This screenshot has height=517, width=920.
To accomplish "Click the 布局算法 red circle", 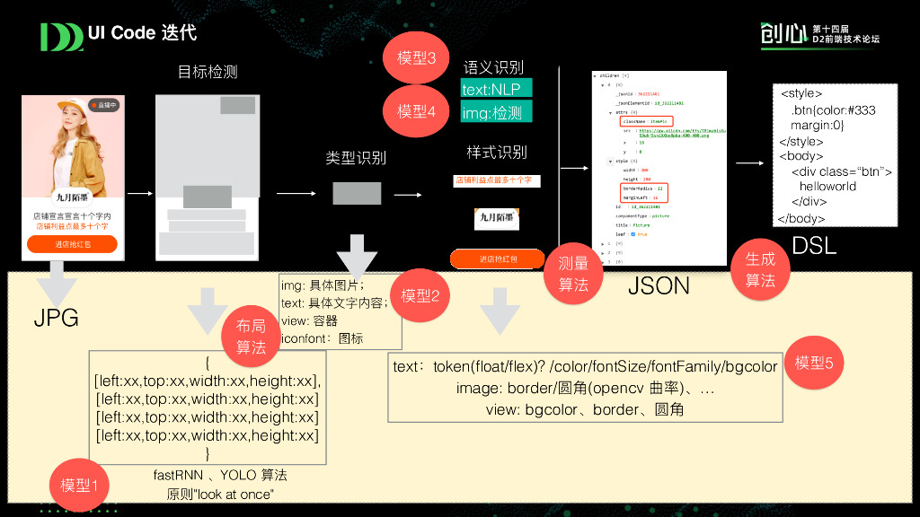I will tap(252, 337).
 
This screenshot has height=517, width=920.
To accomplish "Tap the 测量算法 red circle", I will tap(573, 273).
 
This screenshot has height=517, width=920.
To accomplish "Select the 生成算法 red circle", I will tap(760, 269).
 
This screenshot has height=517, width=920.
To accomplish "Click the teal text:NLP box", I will tap(496, 89).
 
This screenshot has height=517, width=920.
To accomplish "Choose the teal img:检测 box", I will tap(496, 112).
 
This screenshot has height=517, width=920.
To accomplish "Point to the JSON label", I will tap(659, 285).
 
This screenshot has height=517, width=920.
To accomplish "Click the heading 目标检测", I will tap(208, 72).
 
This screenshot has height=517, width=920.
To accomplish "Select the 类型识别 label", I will tap(356, 158).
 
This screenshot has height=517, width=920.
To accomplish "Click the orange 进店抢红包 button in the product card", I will tap(72, 244).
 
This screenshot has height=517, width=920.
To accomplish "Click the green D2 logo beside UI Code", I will tap(61, 36).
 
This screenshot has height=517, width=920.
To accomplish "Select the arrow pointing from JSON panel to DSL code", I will tap(751, 163).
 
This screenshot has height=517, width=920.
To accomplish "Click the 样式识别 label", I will tap(497, 152).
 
